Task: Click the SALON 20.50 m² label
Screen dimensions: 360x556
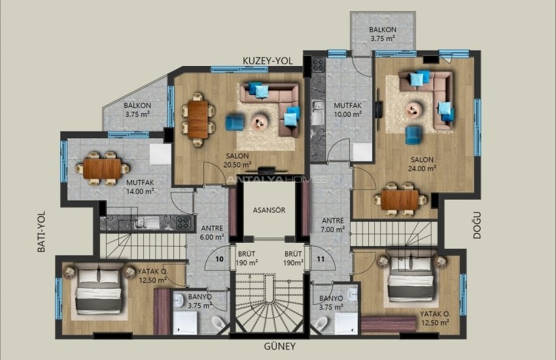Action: click(236, 160)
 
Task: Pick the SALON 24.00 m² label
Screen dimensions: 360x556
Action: click(423, 163)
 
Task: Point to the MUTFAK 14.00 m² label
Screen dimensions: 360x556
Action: click(140, 187)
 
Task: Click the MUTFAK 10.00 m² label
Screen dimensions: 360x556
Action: click(348, 109)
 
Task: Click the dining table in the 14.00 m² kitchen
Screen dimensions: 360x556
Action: click(101, 168)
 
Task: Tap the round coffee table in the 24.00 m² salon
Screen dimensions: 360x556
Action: click(414, 109)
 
